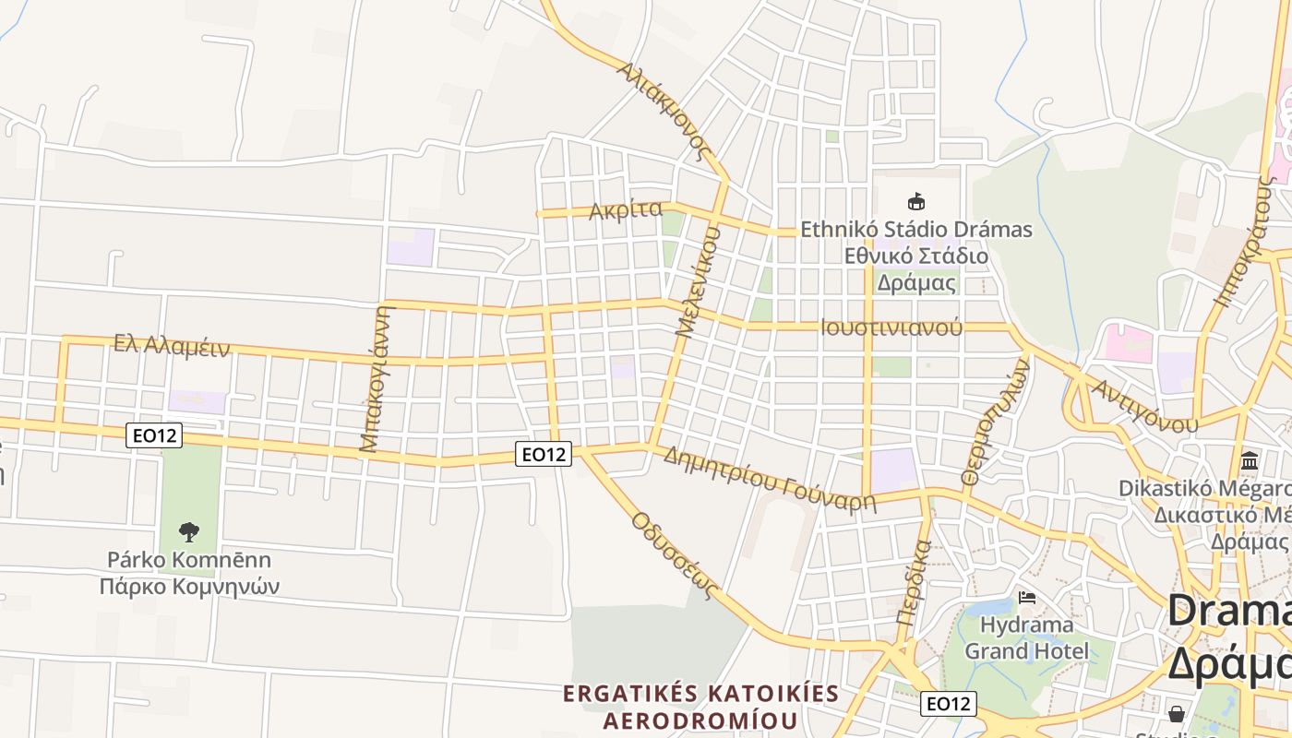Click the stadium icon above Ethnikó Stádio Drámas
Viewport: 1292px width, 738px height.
[915, 201]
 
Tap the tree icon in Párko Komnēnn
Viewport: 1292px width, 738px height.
[189, 531]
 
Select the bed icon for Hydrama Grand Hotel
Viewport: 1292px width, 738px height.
[1026, 598]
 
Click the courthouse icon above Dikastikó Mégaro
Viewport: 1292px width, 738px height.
[1250, 459]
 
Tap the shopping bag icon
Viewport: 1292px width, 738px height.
[1177, 713]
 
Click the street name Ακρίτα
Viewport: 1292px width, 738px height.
[626, 210]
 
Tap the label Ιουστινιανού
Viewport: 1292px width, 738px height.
[891, 327]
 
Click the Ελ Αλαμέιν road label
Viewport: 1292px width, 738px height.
[171, 345]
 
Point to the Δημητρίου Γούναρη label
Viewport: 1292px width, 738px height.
[769, 479]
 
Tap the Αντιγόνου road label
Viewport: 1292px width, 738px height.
[1144, 406]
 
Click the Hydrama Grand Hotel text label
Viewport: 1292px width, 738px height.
[1026, 637]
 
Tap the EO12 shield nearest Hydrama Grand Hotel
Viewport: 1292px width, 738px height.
[948, 704]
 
